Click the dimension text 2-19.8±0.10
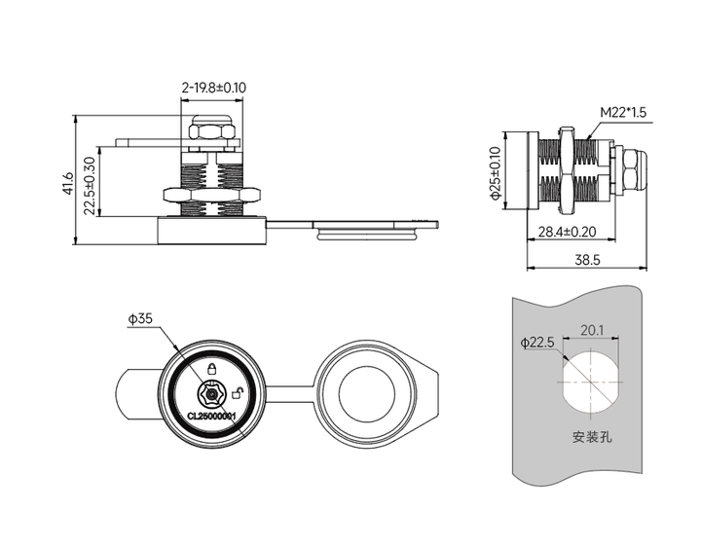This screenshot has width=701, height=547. (x=213, y=88)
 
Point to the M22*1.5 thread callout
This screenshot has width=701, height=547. (x=623, y=112)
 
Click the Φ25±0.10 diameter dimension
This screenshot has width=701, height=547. (x=496, y=173)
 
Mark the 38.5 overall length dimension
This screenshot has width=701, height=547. (x=586, y=260)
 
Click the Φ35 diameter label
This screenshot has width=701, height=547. (x=140, y=318)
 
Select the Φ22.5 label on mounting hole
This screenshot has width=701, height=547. (x=536, y=343)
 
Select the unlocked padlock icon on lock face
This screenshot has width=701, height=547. (x=238, y=393)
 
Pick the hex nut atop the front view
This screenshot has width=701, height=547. (x=211, y=130)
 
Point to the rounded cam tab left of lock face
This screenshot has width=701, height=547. (x=136, y=395)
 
